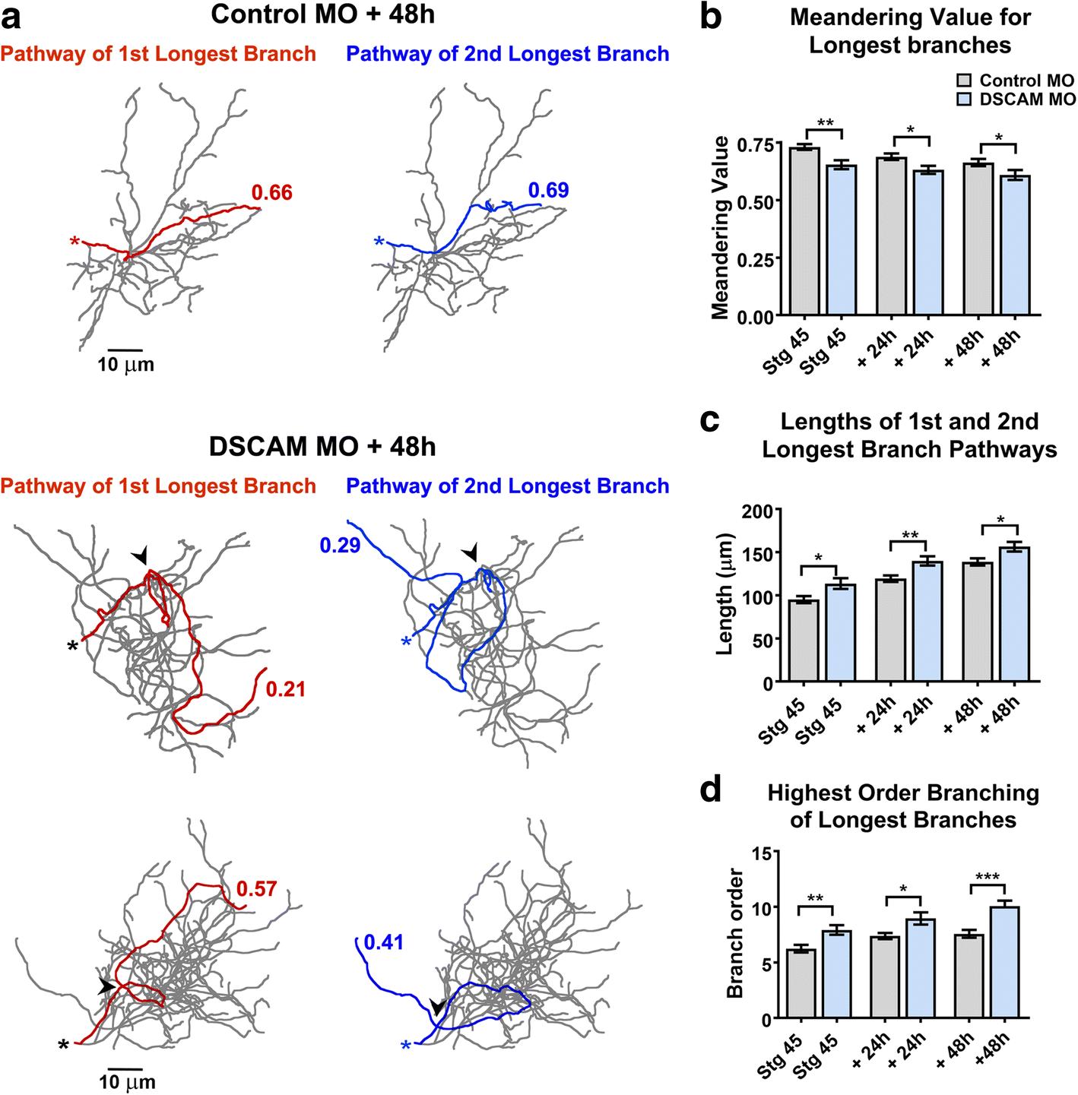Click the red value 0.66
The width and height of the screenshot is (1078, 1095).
click(x=271, y=193)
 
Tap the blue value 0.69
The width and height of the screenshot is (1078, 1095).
click(x=548, y=190)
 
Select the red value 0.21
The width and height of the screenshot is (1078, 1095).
click(x=285, y=689)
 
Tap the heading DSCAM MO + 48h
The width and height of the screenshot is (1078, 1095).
click(x=323, y=446)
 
